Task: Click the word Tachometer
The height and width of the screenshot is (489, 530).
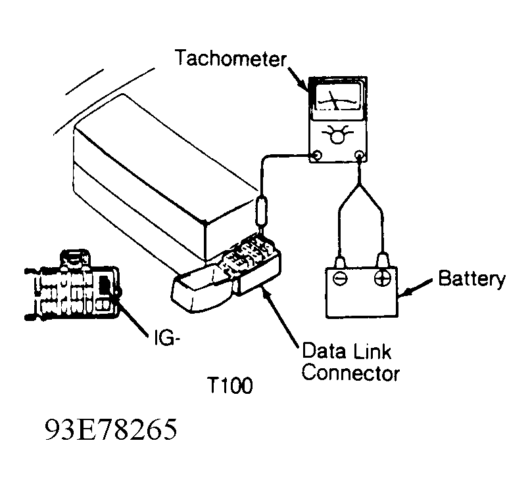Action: (x=231, y=58)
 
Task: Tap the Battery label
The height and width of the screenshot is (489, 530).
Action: (x=472, y=280)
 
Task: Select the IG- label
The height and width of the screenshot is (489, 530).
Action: (x=166, y=337)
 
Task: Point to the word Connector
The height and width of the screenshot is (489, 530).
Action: (x=350, y=373)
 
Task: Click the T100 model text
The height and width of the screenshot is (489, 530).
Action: (x=231, y=385)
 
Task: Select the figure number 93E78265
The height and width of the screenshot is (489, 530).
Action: (x=111, y=430)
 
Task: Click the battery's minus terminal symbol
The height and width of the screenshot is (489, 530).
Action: (x=340, y=278)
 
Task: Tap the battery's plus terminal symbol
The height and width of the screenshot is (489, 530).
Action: (x=383, y=278)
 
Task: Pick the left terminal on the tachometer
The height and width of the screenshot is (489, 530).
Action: (x=318, y=156)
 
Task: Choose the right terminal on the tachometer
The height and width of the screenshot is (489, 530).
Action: (x=360, y=156)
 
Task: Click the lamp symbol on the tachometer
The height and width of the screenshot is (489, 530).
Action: (x=337, y=134)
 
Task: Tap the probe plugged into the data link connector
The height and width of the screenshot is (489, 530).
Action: (x=262, y=211)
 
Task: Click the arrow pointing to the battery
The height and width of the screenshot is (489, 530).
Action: (x=416, y=287)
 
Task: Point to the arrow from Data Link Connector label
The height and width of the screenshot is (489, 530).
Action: (x=280, y=318)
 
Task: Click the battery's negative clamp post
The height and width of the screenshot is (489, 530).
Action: (x=339, y=262)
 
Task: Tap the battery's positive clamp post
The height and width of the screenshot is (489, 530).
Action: (x=382, y=260)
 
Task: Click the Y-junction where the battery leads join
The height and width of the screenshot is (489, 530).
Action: (x=360, y=184)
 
